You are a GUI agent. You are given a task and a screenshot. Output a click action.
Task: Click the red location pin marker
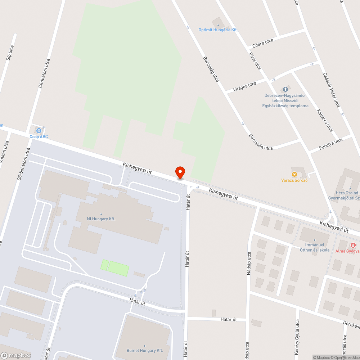pyautogui.click(x=180, y=172)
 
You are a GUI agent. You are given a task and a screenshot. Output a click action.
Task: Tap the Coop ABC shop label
pyautogui.click(x=39, y=136)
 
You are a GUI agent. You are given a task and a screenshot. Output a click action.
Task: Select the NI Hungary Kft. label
pyautogui.click(x=101, y=219)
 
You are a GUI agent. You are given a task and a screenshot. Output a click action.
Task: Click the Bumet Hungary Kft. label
pyautogui.click(x=145, y=350)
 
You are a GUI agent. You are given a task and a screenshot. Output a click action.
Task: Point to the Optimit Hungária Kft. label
pyautogui.click(x=218, y=30)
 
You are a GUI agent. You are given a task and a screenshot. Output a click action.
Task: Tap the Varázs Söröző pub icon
pyautogui.click(x=294, y=174)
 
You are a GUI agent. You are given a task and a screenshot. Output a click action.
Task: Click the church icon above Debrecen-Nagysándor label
pyautogui.click(x=285, y=89)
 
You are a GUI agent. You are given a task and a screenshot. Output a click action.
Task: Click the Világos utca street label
pyautogui.click(x=245, y=86)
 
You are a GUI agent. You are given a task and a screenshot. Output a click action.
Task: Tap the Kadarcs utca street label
pyautogui.click(x=325, y=120)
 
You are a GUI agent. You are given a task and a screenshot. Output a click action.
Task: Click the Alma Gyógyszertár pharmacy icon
pyautogui.click(x=353, y=245)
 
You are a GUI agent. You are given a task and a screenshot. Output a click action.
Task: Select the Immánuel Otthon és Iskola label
pyautogui.click(x=315, y=247)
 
